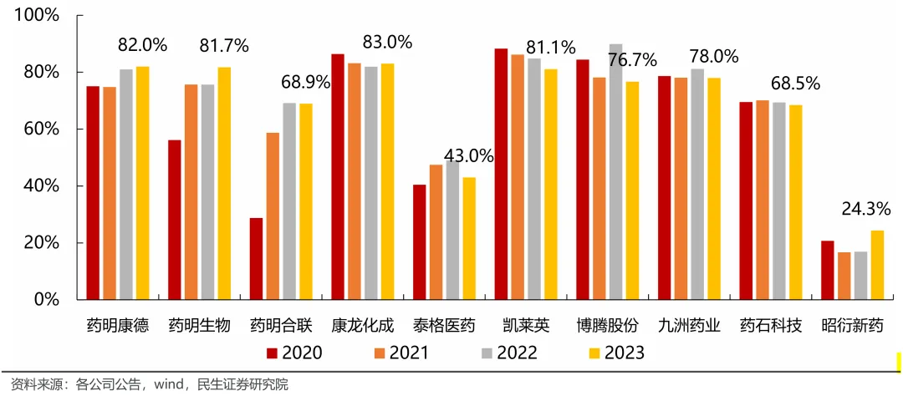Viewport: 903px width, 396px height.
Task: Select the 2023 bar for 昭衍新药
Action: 877,265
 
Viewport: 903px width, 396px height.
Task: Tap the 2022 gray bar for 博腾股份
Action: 616,171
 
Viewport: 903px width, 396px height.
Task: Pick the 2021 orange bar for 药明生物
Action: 191,192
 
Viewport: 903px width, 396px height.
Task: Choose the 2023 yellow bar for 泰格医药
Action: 469,238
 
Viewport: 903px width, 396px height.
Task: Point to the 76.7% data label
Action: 631,60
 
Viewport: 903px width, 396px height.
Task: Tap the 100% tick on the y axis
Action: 37,16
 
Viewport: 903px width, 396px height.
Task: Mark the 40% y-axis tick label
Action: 41,186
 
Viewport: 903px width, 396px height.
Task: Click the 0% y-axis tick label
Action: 46,300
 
